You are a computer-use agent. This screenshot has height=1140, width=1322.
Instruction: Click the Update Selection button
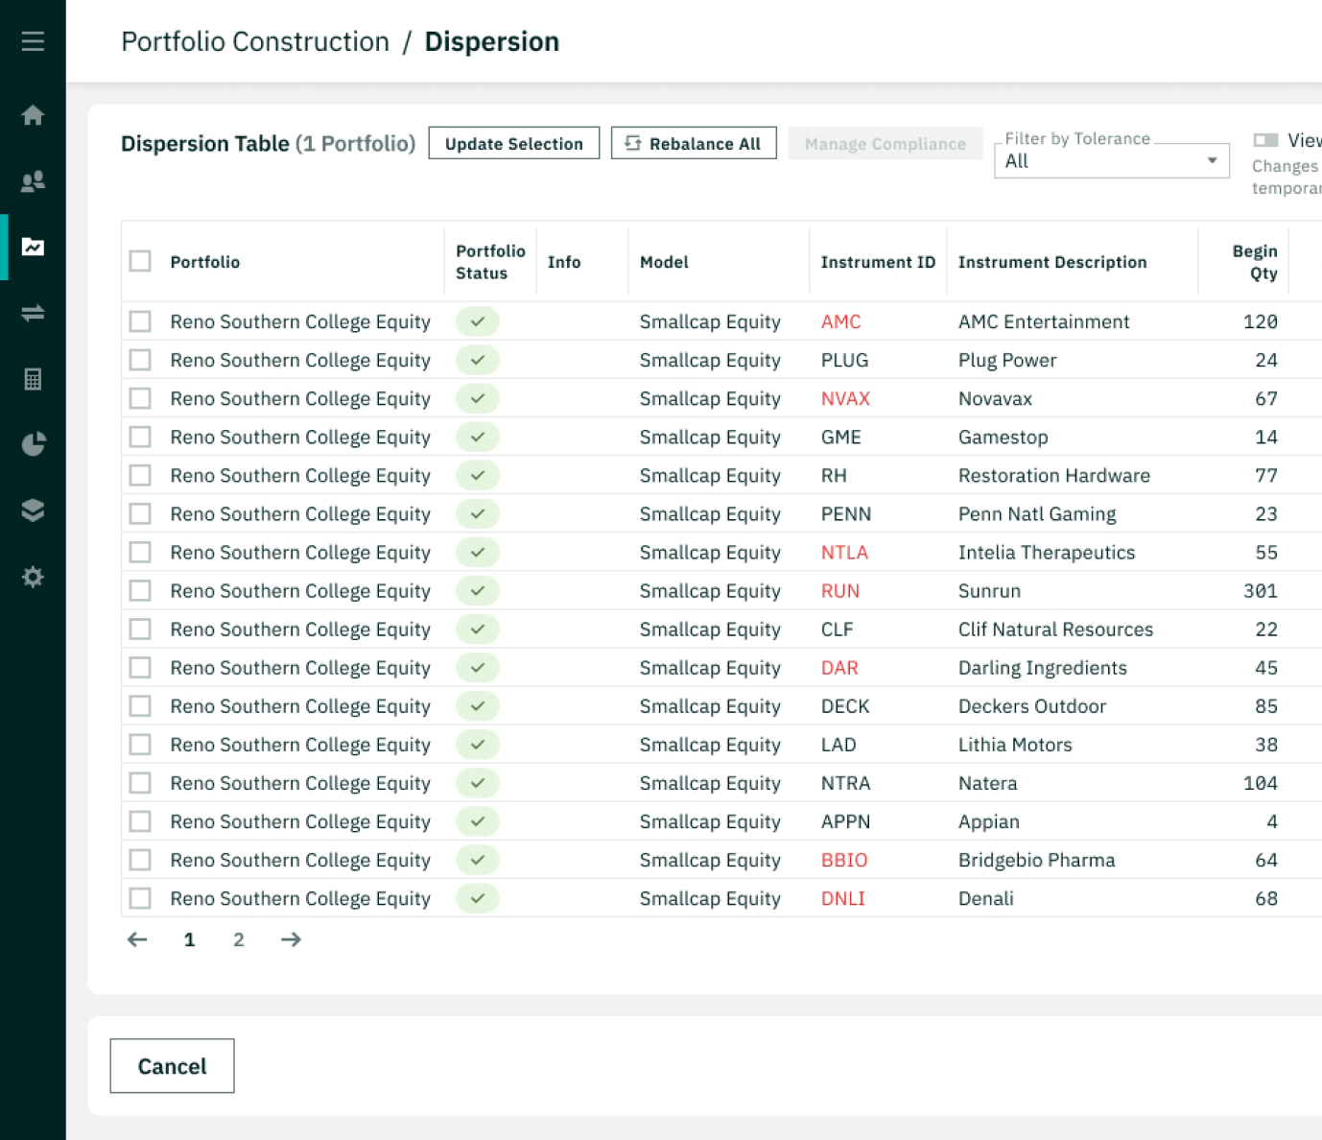click(513, 143)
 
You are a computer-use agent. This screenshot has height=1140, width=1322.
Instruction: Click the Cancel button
click(172, 1066)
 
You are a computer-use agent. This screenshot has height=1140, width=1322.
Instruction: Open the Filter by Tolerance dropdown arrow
click(1212, 160)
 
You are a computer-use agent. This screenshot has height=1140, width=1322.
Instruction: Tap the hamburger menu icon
click(33, 41)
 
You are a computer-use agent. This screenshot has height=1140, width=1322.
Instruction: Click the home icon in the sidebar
click(33, 115)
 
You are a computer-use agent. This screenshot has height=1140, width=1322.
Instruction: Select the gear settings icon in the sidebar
click(33, 577)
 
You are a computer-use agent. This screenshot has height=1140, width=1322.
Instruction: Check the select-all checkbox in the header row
click(140, 261)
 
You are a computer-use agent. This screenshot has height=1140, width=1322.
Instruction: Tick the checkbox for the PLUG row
click(140, 360)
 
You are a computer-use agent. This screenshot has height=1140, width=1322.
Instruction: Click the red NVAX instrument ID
click(845, 398)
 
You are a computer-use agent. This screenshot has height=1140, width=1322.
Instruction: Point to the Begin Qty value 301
click(1260, 591)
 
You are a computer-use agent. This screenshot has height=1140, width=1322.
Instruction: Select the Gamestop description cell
click(1003, 438)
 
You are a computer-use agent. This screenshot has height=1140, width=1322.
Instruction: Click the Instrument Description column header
click(1051, 262)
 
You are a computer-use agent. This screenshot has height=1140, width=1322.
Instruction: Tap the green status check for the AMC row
click(477, 321)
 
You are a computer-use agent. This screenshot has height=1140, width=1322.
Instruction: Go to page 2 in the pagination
click(239, 939)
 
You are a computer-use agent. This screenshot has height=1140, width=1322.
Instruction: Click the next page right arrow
click(291, 939)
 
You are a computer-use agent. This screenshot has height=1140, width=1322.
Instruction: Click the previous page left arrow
click(137, 939)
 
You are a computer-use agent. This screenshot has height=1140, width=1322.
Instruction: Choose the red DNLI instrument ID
click(842, 899)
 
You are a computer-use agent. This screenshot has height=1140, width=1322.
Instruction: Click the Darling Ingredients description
click(1042, 668)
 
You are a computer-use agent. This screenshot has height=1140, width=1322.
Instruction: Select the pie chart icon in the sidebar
click(33, 444)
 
